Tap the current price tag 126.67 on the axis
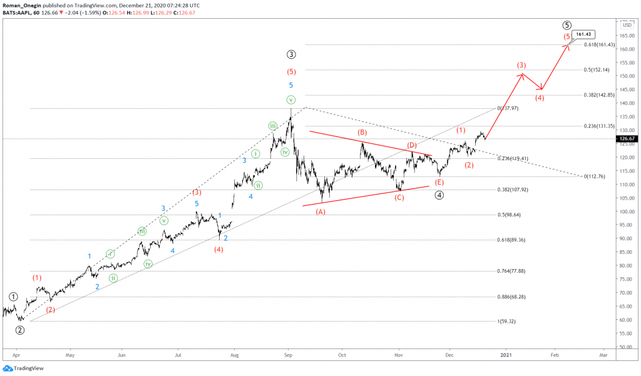click(x=627, y=138)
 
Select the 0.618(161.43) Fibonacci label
click(x=598, y=44)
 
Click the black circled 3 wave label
click(x=291, y=54)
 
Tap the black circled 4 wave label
click(x=440, y=195)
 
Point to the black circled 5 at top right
click(x=567, y=25)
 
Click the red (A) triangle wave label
click(x=320, y=211)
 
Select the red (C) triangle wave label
click(x=399, y=198)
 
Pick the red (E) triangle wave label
click(x=439, y=182)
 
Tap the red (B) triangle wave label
click(x=362, y=133)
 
